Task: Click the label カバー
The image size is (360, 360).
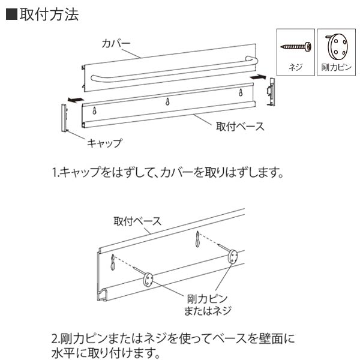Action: [x=116, y=44]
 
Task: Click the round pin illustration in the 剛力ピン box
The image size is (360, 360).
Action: [x=336, y=45]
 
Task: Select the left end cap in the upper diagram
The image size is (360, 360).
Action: [x=65, y=118]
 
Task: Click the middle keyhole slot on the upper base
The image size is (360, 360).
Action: [x=168, y=101]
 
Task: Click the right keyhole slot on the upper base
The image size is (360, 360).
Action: [x=241, y=93]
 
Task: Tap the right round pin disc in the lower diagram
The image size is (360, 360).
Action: [x=233, y=257]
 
